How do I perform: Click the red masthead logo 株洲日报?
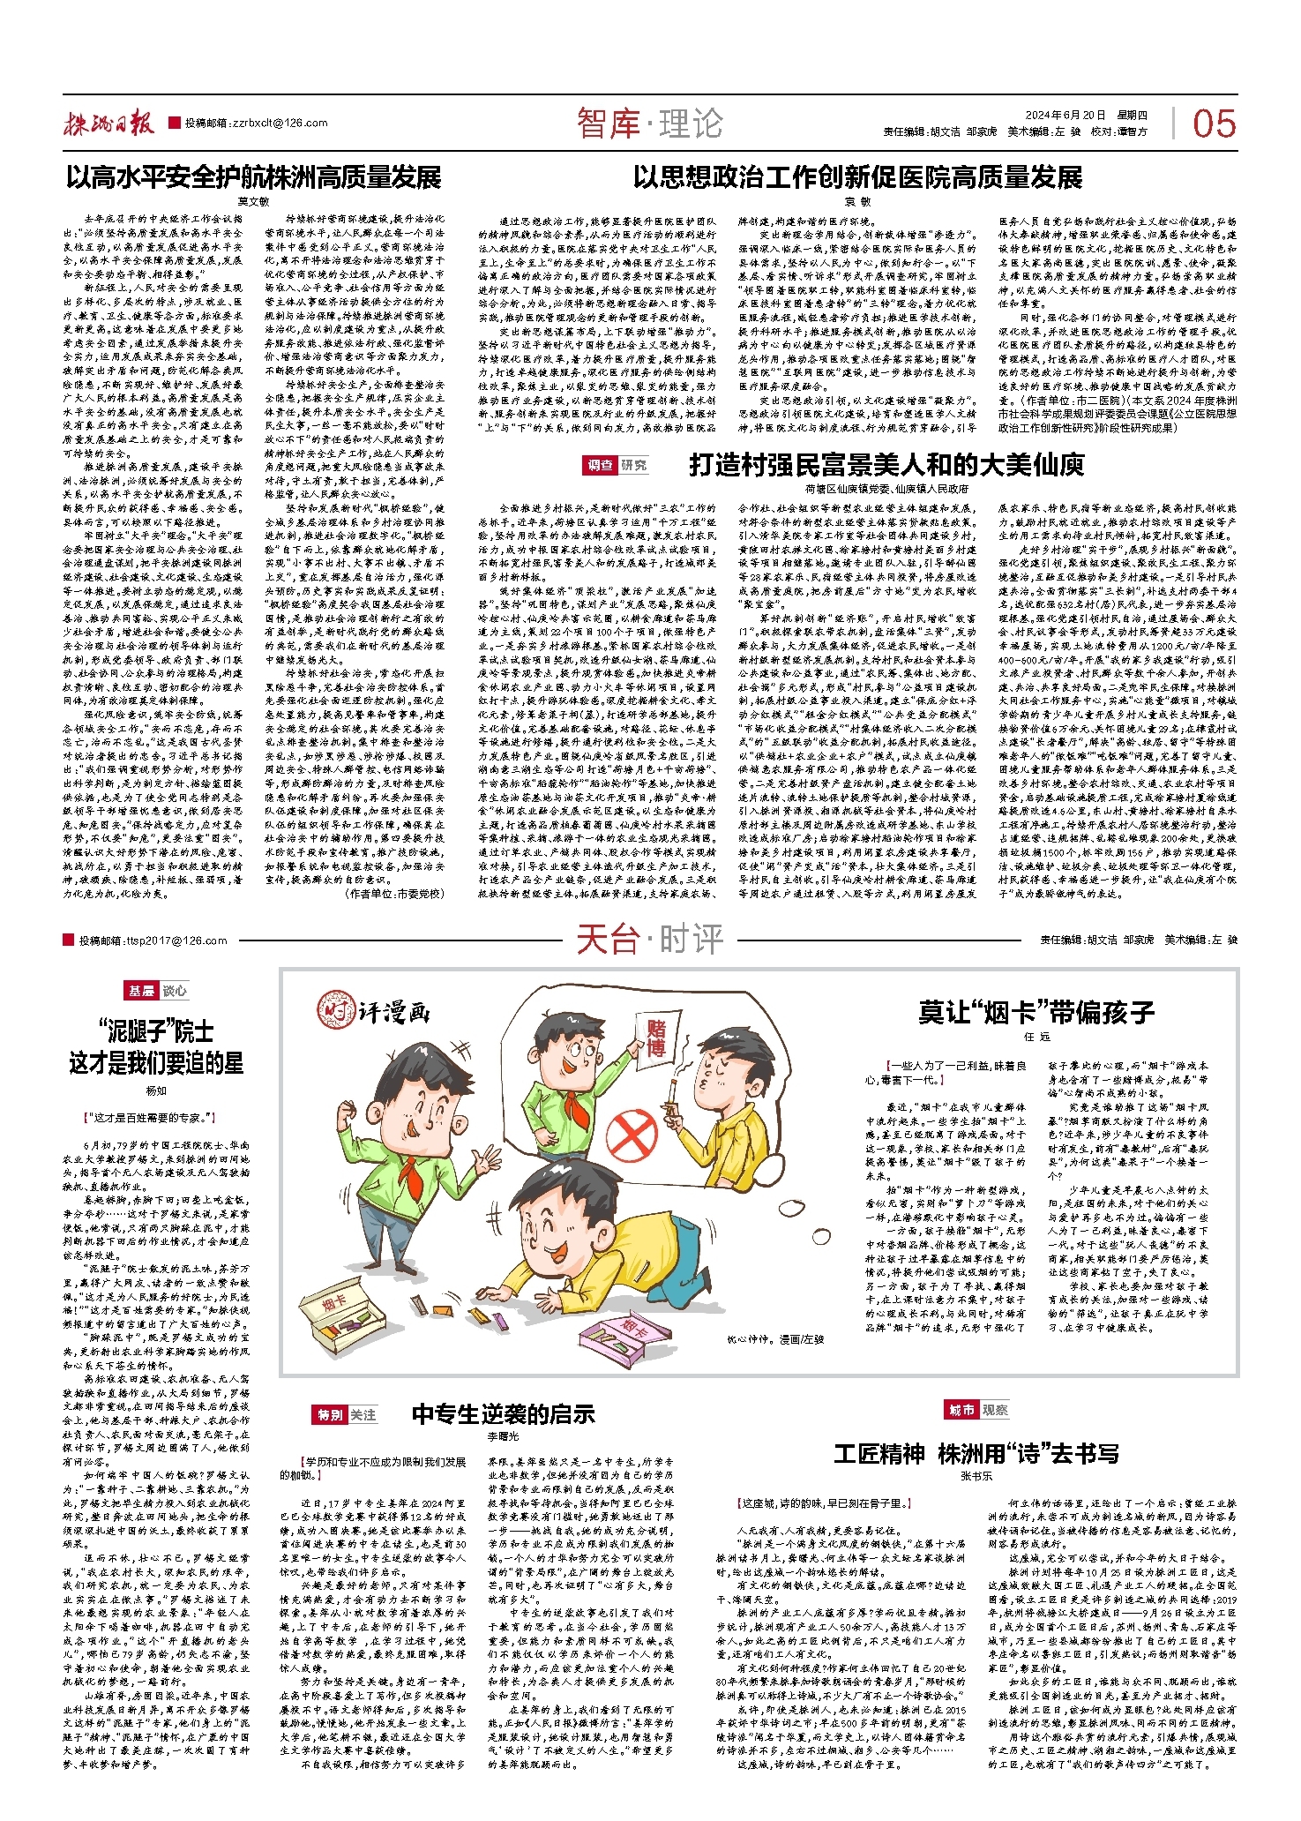[108, 124]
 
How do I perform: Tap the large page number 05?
[1214, 124]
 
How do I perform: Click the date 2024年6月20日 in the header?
[1065, 116]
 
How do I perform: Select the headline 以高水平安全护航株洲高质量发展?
[253, 177]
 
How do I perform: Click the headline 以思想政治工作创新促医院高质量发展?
[857, 177]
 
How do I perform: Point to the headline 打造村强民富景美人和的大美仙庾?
[886, 464]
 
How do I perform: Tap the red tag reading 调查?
[600, 465]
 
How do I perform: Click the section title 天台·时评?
[649, 940]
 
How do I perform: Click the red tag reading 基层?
[142, 991]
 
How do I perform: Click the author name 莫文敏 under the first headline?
[253, 201]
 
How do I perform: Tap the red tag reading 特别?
[331, 1414]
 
